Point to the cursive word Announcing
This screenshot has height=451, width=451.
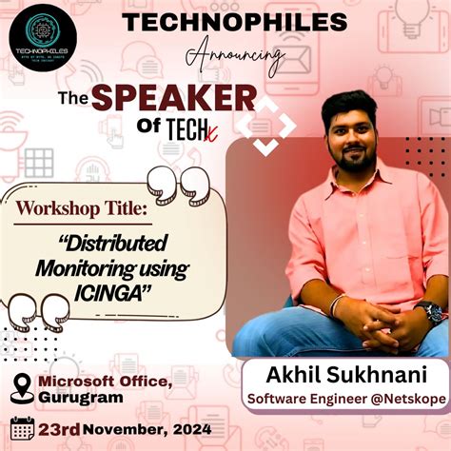coord(238,60)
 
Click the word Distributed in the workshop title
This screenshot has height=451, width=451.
coord(112,243)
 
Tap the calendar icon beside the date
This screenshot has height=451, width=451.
coord(22,428)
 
